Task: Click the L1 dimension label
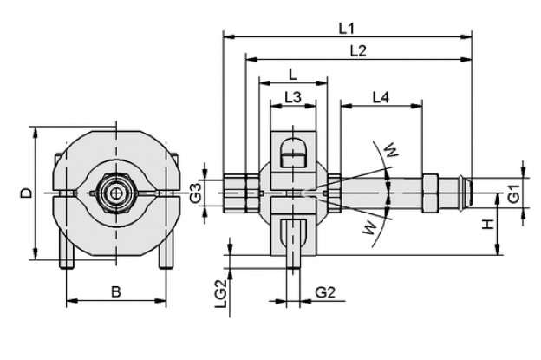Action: point(346,29)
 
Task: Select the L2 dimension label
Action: point(358,51)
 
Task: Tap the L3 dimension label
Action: point(293,97)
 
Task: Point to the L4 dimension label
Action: point(381,97)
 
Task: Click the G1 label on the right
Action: point(514,193)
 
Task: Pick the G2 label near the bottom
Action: point(325,292)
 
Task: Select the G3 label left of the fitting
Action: point(196,193)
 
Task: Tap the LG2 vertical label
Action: point(221,293)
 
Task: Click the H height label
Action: point(488,225)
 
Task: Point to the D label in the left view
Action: point(26,193)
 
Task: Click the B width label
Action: point(116,292)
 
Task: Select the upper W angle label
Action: point(391,149)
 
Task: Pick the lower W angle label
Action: point(370,228)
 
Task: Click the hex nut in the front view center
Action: point(116,193)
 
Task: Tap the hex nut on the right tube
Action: point(430,193)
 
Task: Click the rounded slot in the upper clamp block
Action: point(293,152)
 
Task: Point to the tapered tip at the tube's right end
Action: point(468,193)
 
